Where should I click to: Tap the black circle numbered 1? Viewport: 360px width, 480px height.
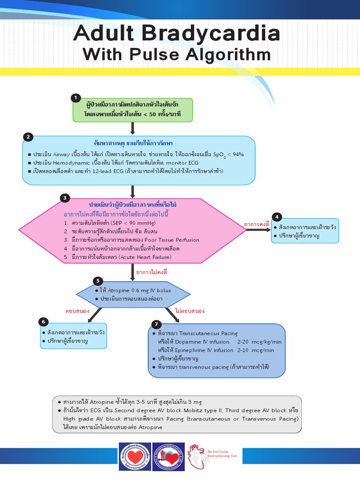(x=75, y=97)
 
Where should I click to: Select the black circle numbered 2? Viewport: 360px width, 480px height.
(x=28, y=137)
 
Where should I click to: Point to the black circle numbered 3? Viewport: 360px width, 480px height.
(x=65, y=198)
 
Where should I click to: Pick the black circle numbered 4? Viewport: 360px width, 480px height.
(x=277, y=217)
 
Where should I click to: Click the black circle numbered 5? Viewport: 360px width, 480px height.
(x=97, y=281)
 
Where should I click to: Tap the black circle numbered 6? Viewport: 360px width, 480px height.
(x=44, y=322)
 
